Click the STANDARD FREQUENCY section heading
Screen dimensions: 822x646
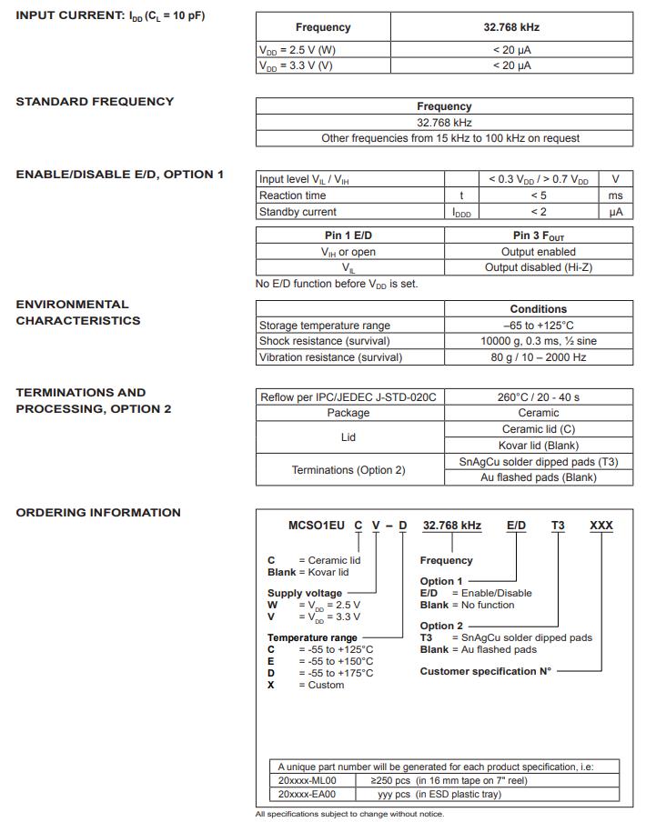[95, 102]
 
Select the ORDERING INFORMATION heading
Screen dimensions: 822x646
[98, 513]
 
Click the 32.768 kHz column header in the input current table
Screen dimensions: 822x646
[511, 28]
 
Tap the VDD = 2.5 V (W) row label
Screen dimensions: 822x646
[297, 51]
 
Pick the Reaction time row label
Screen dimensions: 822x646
[292, 195]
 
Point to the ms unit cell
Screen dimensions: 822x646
[616, 195]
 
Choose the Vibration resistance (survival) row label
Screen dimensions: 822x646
[330, 357]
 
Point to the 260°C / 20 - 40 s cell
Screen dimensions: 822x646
[538, 397]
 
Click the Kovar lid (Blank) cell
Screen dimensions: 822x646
[538, 446]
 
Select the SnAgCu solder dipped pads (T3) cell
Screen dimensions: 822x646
[538, 462]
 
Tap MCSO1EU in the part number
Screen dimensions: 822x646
[318, 526]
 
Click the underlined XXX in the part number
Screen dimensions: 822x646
[601, 526]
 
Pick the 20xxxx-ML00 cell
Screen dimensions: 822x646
[307, 780]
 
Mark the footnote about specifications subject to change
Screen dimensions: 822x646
[349, 814]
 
